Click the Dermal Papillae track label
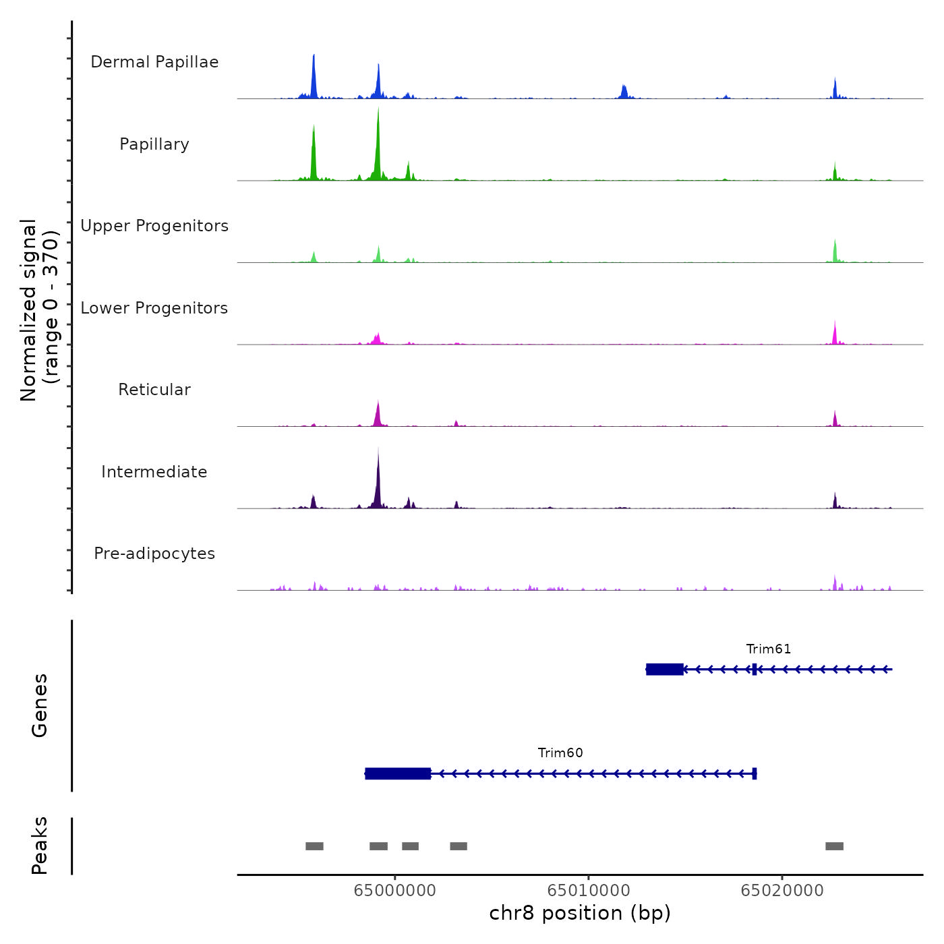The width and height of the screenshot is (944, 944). coord(154,62)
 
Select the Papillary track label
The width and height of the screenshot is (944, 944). coord(154,144)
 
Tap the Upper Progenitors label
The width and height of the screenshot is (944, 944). coord(154,226)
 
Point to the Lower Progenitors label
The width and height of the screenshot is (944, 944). coord(154,308)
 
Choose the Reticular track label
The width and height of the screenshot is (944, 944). coord(154,390)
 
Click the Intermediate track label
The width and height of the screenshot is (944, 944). coord(154,472)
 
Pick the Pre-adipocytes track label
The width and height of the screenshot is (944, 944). coord(154,554)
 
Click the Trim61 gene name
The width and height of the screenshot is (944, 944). coord(768,649)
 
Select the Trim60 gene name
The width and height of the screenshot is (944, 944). coord(560,753)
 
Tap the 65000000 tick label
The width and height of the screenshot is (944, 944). coord(394,891)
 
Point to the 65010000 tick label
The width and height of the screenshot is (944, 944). coord(589,891)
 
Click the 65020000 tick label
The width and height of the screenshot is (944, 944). coord(782,891)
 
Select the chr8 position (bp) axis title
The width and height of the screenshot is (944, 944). coord(580,913)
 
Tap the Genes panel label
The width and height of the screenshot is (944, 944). coord(40,705)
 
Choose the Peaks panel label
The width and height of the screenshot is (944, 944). coord(40,846)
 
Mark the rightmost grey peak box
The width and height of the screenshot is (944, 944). coord(834,846)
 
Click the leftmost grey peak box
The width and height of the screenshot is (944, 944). coord(314,846)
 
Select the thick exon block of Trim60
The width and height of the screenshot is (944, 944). coord(398,773)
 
